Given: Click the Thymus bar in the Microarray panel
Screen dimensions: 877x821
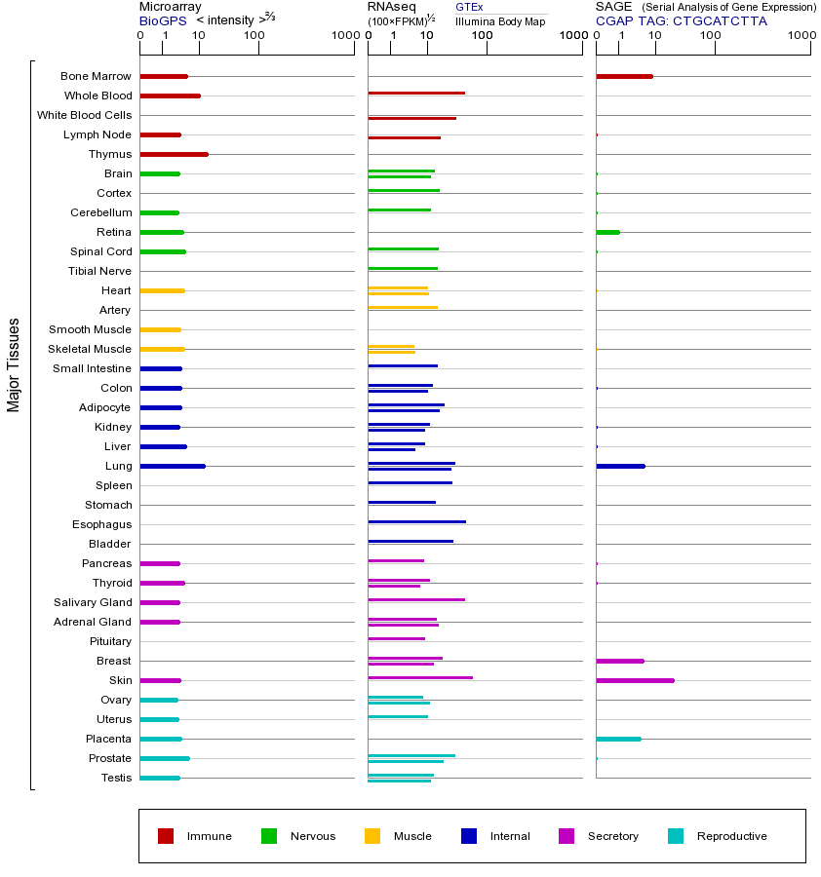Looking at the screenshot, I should click(x=174, y=154).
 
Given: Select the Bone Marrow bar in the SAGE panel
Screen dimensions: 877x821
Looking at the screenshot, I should click(x=624, y=76).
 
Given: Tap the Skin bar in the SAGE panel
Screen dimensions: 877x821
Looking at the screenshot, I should click(x=635, y=680).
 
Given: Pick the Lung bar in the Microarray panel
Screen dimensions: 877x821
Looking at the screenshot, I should click(x=173, y=466).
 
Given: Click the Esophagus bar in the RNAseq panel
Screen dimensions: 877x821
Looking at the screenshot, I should click(x=416, y=521).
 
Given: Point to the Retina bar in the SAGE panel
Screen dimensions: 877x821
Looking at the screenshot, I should click(x=607, y=232).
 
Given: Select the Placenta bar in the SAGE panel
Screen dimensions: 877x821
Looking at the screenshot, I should click(x=618, y=739).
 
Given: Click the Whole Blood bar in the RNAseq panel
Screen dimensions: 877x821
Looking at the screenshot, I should click(x=416, y=93).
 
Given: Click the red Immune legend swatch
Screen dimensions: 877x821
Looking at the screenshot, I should click(x=166, y=836).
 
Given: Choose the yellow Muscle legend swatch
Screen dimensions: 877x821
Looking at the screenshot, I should click(x=372, y=836).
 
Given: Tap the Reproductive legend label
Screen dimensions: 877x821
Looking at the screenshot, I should click(x=732, y=836).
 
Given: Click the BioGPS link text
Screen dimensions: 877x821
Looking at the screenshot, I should click(x=161, y=20).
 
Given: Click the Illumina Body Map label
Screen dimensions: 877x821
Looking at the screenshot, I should click(x=500, y=20).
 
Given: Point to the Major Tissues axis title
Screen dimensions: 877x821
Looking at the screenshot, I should click(x=14, y=364).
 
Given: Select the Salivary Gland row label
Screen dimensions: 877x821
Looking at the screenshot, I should click(x=93, y=602).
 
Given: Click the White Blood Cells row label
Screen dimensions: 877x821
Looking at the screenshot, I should click(x=84, y=115).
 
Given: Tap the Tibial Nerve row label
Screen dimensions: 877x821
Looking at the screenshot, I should click(x=99, y=271).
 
